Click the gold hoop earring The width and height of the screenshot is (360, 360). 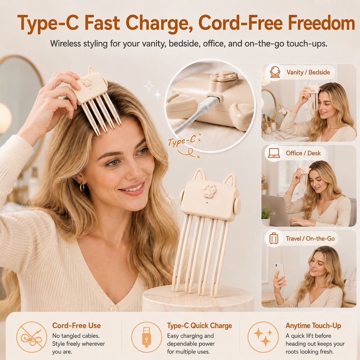click(x=82, y=187)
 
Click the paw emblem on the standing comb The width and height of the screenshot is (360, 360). click(x=210, y=190)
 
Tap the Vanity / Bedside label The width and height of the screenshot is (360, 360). click(x=308, y=72)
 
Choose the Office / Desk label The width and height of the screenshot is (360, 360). click(x=303, y=153)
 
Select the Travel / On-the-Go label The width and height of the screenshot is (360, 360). click(x=310, y=239)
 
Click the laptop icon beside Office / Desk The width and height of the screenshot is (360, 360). click(x=274, y=153)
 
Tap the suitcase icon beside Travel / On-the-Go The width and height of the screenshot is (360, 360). click(x=274, y=238)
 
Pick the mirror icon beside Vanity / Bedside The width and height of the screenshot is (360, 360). click(x=275, y=72)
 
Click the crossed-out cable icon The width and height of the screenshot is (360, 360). click(x=32, y=337)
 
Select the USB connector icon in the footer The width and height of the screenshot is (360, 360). click(x=147, y=337)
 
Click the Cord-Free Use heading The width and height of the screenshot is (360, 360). click(x=76, y=325)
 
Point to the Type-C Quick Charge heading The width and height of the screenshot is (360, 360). click(x=199, y=325)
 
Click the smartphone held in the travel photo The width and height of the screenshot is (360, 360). click(x=280, y=271)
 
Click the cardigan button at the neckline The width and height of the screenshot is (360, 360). click(x=113, y=309)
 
